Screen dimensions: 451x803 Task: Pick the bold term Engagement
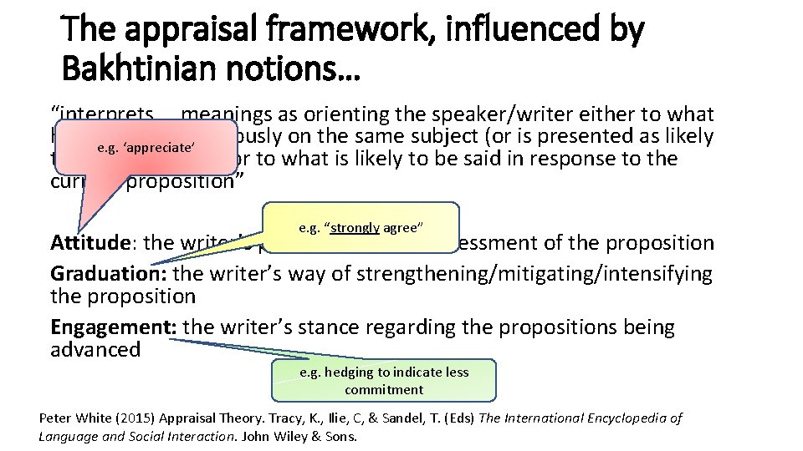[113, 327]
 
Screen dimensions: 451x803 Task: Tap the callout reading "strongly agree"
[361, 226]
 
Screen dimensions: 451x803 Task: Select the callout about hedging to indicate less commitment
[384, 381]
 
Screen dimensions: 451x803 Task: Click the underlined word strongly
[355, 227]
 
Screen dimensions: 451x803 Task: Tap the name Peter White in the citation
[69, 418]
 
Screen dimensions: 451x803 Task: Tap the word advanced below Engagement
[95, 349]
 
